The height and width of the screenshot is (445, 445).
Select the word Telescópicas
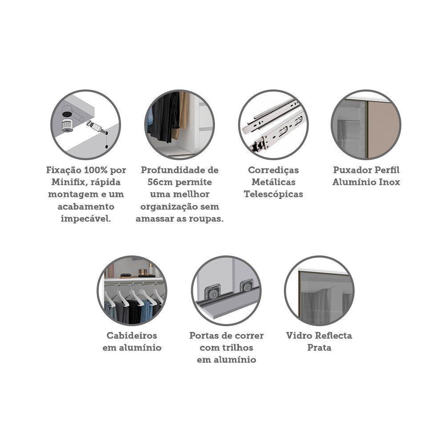273,194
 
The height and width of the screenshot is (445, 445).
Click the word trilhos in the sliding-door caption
239,348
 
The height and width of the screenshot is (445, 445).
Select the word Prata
319,348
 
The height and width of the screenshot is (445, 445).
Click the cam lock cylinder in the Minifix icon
67,124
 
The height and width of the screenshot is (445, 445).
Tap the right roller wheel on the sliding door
246,286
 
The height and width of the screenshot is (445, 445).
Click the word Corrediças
273,170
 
